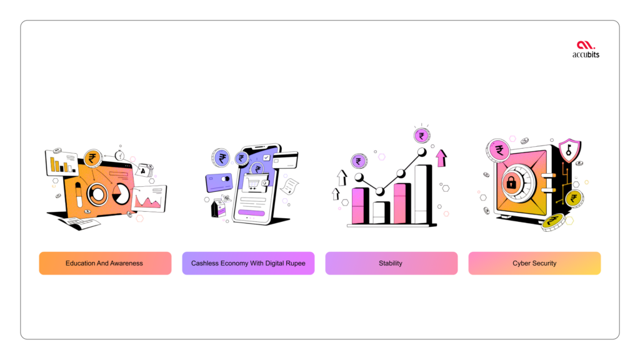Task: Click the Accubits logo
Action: (586, 49)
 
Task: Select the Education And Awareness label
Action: (105, 263)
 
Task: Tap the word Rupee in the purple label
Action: (296, 263)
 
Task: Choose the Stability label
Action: (391, 263)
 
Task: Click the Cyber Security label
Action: (534, 263)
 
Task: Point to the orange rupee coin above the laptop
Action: (92, 158)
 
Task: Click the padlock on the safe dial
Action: (511, 182)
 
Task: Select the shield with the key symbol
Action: (569, 151)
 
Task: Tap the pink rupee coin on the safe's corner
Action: (498, 150)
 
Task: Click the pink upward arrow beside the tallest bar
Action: (441, 158)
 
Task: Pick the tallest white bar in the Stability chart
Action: (423, 194)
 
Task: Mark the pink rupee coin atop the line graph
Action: (422, 136)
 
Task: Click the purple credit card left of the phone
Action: (219, 183)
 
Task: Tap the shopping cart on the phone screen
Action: (254, 184)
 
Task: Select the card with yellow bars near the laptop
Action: (62, 163)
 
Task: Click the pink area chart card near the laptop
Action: (149, 199)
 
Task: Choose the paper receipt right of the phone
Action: (290, 186)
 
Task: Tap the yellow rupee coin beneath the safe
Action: (554, 222)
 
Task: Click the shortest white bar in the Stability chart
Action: (382, 212)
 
